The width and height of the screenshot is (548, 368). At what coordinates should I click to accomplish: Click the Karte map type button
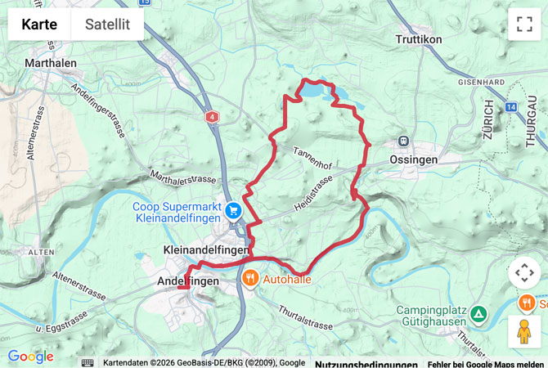(x=39, y=25)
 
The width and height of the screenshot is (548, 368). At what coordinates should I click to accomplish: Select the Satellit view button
(x=107, y=25)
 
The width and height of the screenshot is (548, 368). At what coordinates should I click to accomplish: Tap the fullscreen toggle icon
(x=523, y=25)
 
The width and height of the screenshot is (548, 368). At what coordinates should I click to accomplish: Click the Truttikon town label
(x=419, y=39)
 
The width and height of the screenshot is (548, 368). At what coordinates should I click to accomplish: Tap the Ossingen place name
(x=414, y=159)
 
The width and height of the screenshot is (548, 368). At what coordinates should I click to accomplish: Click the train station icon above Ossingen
(x=402, y=141)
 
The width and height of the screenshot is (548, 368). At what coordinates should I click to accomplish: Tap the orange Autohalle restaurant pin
(x=249, y=278)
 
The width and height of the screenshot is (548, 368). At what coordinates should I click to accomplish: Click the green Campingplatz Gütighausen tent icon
(x=478, y=312)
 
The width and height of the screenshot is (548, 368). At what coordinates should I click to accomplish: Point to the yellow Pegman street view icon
(x=523, y=331)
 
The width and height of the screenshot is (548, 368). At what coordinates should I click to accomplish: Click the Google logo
(x=30, y=357)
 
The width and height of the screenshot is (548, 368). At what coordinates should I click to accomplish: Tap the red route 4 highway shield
(x=213, y=117)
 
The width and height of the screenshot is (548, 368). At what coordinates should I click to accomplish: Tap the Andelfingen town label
(x=187, y=280)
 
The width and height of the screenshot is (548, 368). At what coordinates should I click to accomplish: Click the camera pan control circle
(x=523, y=272)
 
